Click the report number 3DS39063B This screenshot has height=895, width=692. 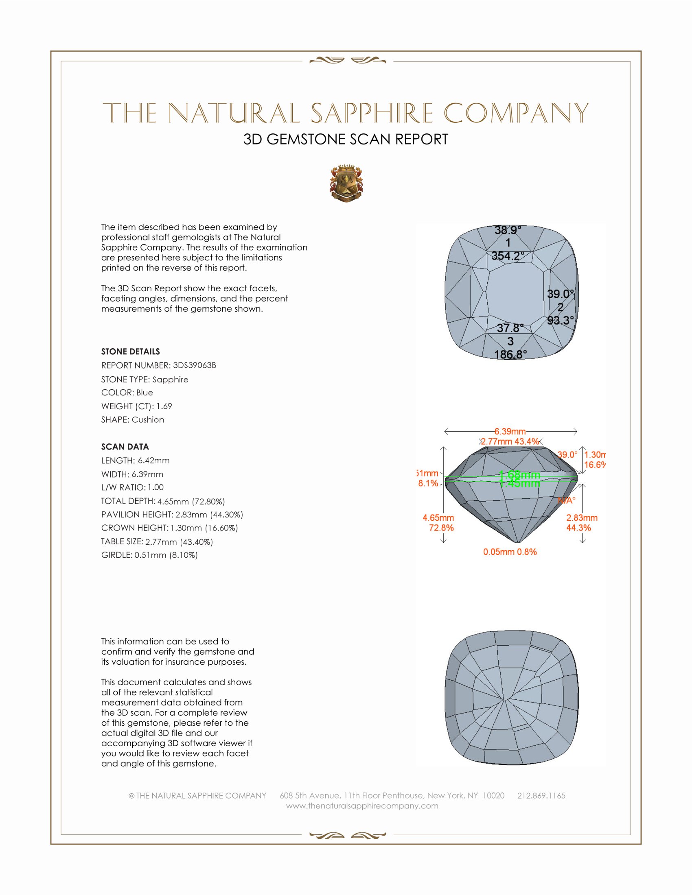click(194, 365)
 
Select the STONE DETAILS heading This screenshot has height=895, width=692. click(130, 351)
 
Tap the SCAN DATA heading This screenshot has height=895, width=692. click(125, 447)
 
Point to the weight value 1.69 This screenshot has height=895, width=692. click(164, 406)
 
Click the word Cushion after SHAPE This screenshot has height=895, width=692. click(148, 420)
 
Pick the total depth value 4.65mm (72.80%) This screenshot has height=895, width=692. click(191, 501)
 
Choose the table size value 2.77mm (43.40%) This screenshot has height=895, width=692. click(179, 542)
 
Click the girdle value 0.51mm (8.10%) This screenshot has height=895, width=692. click(166, 555)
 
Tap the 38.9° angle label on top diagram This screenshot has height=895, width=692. click(508, 230)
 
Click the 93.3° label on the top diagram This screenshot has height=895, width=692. click(561, 321)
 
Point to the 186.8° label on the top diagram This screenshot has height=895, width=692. click(510, 354)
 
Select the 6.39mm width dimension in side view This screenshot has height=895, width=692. click(510, 432)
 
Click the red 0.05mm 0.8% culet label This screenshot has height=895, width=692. click(510, 552)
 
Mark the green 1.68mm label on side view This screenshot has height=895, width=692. click(519, 475)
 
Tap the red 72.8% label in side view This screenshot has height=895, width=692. click(441, 528)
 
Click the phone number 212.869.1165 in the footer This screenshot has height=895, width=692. click(541, 796)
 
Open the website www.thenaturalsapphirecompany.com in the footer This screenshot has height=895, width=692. click(362, 806)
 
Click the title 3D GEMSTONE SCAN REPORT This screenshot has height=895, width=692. click(346, 139)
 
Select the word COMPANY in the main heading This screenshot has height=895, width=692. click(516, 114)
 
